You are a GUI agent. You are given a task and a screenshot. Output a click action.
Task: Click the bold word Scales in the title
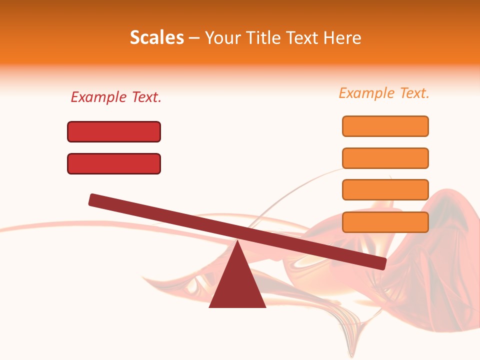(x=156, y=37)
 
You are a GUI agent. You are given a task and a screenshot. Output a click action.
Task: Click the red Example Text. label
(x=116, y=97)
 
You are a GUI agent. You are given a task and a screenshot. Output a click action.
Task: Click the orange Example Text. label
(x=384, y=93)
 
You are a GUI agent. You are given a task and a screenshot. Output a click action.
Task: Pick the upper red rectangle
(x=114, y=131)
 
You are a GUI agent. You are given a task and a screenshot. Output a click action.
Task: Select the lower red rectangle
(x=114, y=163)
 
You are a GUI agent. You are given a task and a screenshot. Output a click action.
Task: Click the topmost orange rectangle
(x=385, y=126)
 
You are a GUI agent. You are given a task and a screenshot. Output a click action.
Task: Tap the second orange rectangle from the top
(x=385, y=158)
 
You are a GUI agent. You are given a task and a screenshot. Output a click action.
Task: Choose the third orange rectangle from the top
(x=385, y=190)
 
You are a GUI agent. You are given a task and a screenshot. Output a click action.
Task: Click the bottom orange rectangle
(x=385, y=222)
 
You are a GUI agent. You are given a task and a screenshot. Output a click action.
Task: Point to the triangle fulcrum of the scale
(x=237, y=285)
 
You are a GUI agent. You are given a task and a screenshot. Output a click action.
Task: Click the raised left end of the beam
(x=94, y=199)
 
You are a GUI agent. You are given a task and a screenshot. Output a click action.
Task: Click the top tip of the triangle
(x=237, y=241)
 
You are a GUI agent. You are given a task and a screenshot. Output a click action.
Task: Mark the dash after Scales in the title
(x=194, y=38)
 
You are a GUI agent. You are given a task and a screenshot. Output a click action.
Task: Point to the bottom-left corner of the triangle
(x=210, y=306)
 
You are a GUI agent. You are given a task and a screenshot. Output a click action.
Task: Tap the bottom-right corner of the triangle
(x=265, y=306)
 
